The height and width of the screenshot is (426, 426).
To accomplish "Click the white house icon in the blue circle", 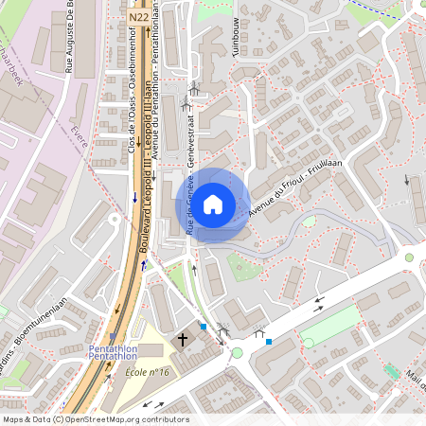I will [213, 204].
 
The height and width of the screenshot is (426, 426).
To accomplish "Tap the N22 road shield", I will [137, 16].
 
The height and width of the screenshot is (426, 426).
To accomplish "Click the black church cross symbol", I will [183, 338].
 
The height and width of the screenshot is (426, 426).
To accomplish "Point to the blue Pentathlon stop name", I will [113, 353].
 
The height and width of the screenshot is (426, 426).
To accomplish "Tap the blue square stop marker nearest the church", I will [203, 327].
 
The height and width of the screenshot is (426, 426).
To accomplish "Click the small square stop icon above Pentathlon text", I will [113, 336].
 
